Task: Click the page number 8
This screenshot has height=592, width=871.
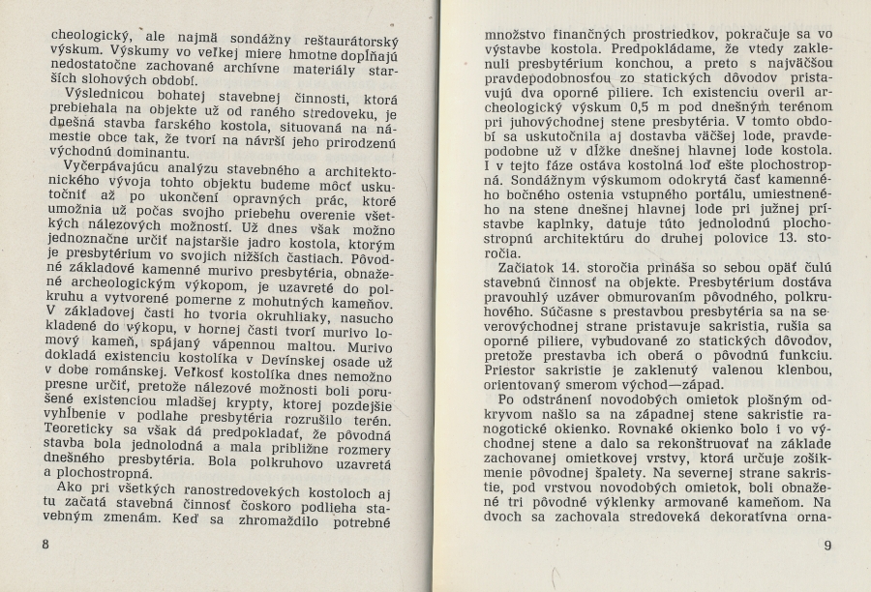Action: coord(45,544)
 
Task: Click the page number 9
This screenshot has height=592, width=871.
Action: coord(827,546)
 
